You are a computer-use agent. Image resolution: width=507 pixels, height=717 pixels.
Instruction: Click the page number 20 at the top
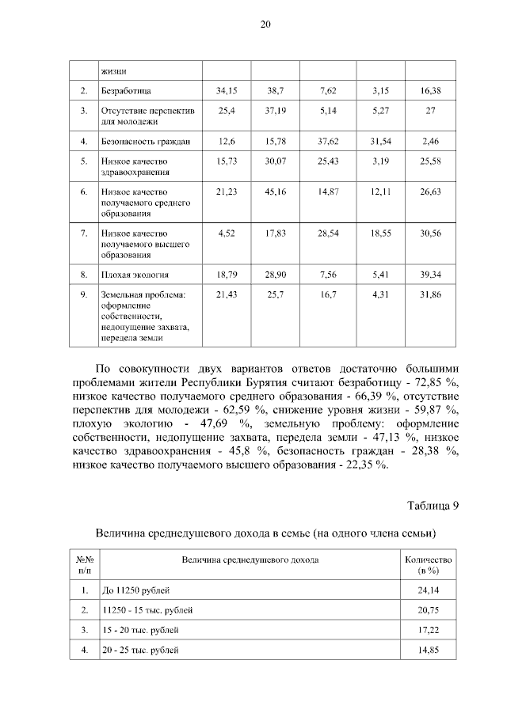pos(265,25)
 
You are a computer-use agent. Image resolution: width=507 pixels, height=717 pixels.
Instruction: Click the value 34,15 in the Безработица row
pos(227,91)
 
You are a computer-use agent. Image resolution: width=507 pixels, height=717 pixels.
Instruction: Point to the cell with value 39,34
pos(430,275)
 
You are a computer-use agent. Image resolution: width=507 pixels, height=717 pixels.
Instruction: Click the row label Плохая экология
pos(135,275)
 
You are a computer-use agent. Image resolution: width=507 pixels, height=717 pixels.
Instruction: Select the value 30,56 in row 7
pos(430,234)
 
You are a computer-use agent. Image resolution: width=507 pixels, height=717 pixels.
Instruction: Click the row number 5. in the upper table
pos(83,161)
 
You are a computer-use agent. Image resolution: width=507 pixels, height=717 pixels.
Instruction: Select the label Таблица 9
pos(433,506)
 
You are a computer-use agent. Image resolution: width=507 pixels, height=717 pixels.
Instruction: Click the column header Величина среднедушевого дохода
pos(250,560)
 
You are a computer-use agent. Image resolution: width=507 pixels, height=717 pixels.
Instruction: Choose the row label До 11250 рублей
pos(136,590)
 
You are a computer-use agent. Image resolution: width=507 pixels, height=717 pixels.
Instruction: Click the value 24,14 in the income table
pos(428,590)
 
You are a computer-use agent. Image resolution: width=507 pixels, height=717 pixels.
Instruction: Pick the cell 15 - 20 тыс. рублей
pos(140,630)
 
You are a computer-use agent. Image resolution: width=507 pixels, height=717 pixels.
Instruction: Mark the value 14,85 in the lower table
pos(428,650)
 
